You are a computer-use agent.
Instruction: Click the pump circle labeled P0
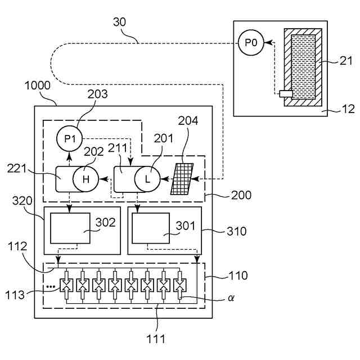pyautogui.click(x=251, y=43)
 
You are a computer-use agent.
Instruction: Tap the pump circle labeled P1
pyautogui.click(x=69, y=138)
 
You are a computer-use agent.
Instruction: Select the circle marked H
pyautogui.click(x=85, y=179)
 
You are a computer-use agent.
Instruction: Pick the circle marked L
pyautogui.click(x=147, y=179)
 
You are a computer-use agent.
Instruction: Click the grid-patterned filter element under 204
pyautogui.click(x=182, y=179)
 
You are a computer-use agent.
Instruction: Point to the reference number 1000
pyautogui.click(x=38, y=85)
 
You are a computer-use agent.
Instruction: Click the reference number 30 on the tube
pyautogui.click(x=119, y=22)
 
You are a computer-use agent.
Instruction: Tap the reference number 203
pyautogui.click(x=97, y=94)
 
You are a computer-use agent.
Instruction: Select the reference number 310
pyautogui.click(x=236, y=231)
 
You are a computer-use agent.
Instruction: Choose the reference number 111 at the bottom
pyautogui.click(x=156, y=339)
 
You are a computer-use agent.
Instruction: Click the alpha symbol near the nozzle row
pyautogui.click(x=231, y=298)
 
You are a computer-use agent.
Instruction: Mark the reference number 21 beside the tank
pyautogui.click(x=346, y=61)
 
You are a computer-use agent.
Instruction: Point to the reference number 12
pyautogui.click(x=348, y=109)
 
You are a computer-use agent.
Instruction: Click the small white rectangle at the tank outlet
pyautogui.click(x=286, y=94)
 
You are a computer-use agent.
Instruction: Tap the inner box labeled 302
pyautogui.click(x=70, y=228)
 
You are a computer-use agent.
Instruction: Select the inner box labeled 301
pyautogui.click(x=151, y=228)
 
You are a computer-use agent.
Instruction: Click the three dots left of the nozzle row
pyautogui.click(x=51, y=286)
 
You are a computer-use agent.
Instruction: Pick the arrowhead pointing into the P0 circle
pyautogui.click(x=268, y=43)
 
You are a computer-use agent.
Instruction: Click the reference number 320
pyautogui.click(x=22, y=201)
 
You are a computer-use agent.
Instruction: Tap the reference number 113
pyautogui.click(x=15, y=295)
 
